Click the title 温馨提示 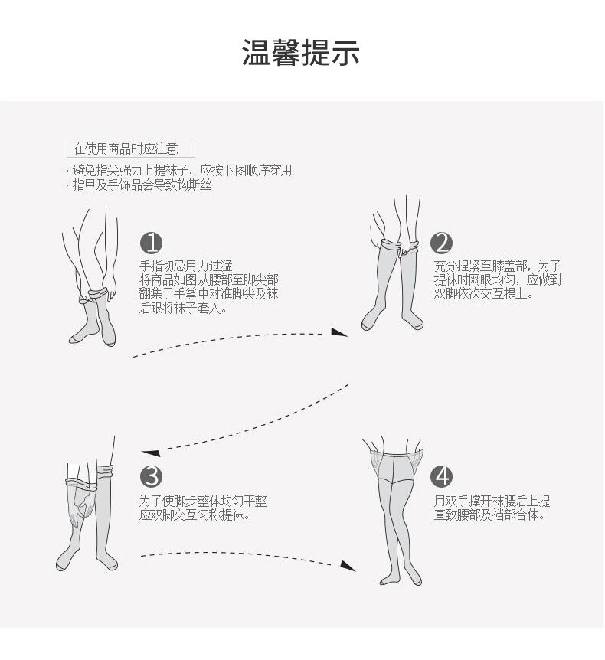pyautogui.click(x=301, y=52)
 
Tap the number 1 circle pyautogui.click(x=152, y=243)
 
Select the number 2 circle pyautogui.click(x=442, y=243)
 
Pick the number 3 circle pyautogui.click(x=152, y=476)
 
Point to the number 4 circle pyautogui.click(x=442, y=476)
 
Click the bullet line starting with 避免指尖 pyautogui.click(x=181, y=170)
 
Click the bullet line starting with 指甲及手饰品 pyautogui.click(x=141, y=185)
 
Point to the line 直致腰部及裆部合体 pyautogui.click(x=489, y=515)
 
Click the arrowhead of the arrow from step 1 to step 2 pyautogui.click(x=339, y=332)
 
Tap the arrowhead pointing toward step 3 pyautogui.click(x=150, y=452)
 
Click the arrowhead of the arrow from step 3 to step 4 pyautogui.click(x=348, y=566)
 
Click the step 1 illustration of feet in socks pyautogui.click(x=90, y=283)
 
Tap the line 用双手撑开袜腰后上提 pyautogui.click(x=492, y=502)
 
